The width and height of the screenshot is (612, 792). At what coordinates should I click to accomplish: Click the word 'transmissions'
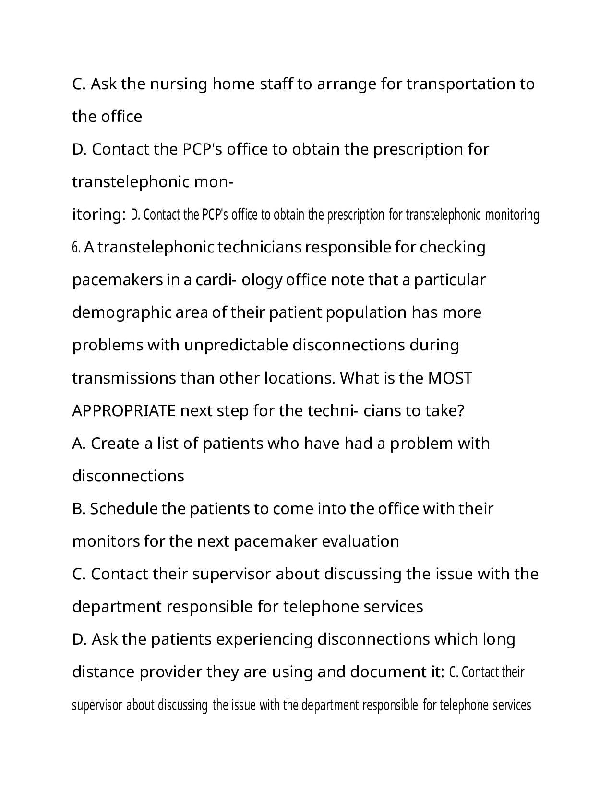pyautogui.click(x=124, y=378)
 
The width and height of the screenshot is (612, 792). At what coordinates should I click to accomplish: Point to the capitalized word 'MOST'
pyautogui.click(x=450, y=378)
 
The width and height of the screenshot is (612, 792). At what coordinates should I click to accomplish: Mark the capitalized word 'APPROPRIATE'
pyautogui.click(x=124, y=411)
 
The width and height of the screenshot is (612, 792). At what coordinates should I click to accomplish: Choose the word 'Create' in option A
pyautogui.click(x=114, y=444)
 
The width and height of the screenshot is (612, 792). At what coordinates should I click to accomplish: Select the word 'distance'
pyautogui.click(x=103, y=672)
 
